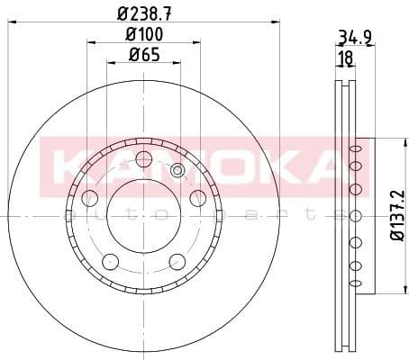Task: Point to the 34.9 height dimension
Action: tap(354, 39)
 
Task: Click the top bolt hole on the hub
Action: tap(142, 160)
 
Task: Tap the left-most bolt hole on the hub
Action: tap(89, 198)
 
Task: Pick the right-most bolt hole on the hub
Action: tap(196, 198)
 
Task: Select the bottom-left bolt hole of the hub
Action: tap(110, 261)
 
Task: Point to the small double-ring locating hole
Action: tap(177, 171)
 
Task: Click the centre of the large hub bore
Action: tap(142, 217)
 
